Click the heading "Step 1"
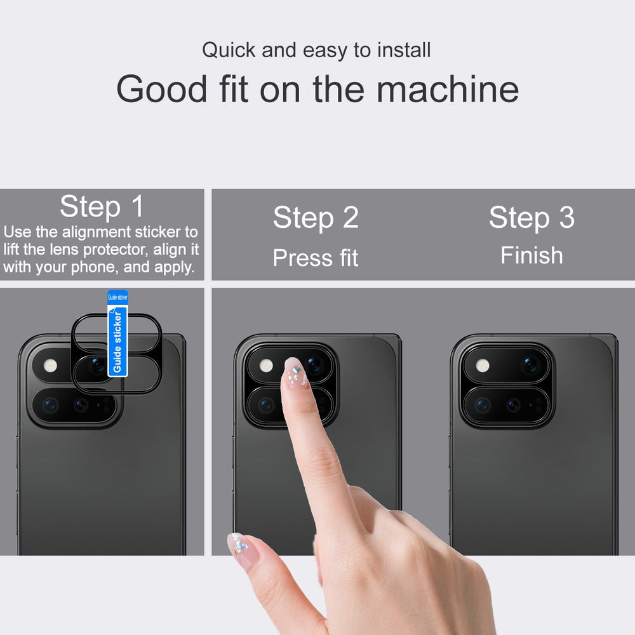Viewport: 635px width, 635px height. coord(102,206)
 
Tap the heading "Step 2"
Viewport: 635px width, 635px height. coord(316,217)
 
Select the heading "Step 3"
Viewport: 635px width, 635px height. coord(531,217)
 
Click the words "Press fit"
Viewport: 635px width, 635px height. coord(316,258)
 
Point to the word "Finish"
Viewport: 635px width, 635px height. coord(531,255)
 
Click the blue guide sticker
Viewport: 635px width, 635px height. coord(117,333)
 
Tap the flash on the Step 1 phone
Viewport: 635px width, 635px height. coord(50,366)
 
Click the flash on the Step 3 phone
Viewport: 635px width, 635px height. coord(483,366)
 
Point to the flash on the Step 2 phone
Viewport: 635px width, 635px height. coord(266,366)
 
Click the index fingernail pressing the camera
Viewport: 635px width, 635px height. coord(295,371)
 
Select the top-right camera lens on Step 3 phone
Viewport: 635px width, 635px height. coord(530,365)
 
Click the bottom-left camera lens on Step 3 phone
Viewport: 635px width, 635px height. coord(483,405)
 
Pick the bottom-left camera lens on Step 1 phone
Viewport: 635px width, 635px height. coord(50,405)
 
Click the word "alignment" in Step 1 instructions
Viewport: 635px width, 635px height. coord(97,232)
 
